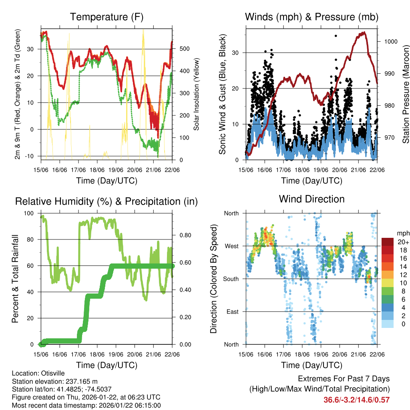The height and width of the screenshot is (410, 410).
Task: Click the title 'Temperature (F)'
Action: [107, 17]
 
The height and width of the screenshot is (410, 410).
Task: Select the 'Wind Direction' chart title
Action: [312, 199]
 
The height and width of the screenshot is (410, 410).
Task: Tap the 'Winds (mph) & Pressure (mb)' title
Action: [312, 17]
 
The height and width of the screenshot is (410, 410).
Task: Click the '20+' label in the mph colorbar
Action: [401, 242]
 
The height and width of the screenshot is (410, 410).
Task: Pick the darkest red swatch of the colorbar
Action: [388, 242]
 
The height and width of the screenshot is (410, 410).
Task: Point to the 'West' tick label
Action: [231, 246]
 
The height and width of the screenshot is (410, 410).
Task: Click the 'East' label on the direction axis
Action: [232, 312]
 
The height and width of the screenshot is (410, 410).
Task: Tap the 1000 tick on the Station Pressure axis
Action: [390, 41]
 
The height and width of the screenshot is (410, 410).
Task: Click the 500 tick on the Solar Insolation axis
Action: [181, 49]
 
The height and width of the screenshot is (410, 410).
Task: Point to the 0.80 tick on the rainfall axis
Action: [183, 235]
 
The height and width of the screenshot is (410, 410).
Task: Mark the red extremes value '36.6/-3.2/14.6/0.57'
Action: [356, 400]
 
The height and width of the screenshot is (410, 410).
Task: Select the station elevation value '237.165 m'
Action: [78, 381]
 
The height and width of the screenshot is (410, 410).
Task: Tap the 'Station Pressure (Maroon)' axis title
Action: [406, 94]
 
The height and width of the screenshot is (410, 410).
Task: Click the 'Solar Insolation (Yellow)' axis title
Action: [197, 94]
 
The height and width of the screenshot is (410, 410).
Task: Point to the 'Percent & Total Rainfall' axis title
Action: [15, 279]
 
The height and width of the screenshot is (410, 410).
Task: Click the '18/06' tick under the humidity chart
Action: [97, 354]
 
